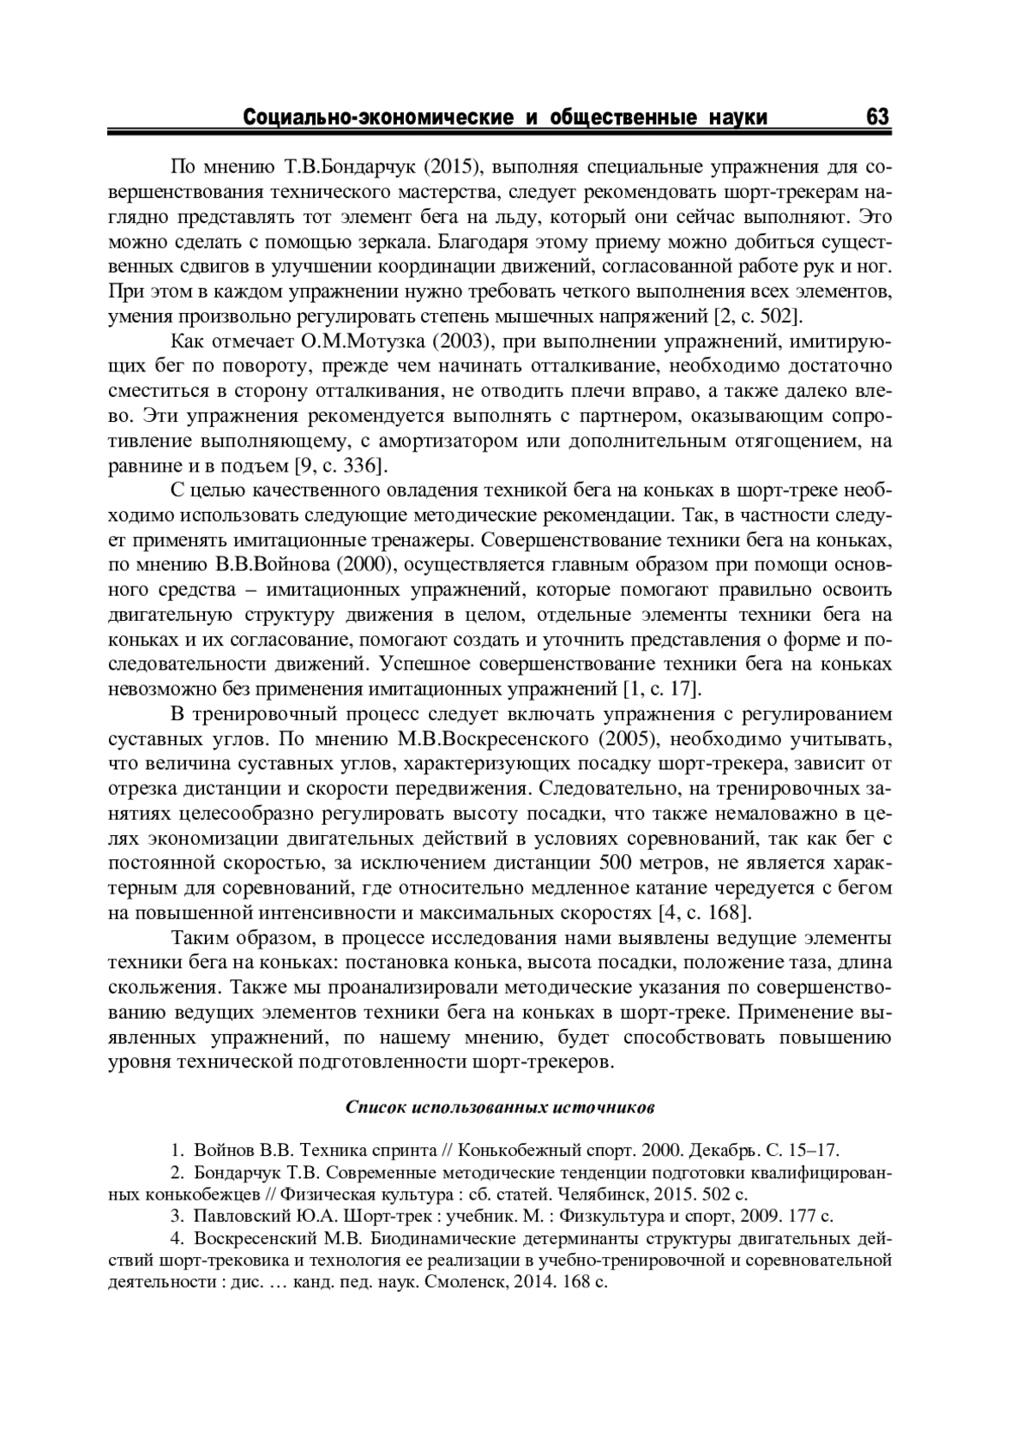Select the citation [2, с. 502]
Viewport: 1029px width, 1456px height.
(x=758, y=316)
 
